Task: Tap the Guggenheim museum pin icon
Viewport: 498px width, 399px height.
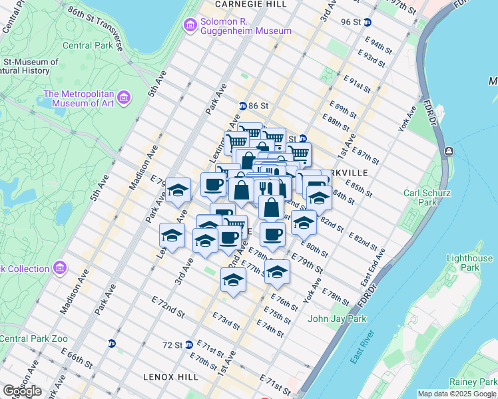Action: click(190, 25)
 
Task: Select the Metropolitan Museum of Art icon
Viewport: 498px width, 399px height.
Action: click(123, 99)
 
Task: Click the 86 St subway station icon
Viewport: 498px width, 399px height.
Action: click(243, 106)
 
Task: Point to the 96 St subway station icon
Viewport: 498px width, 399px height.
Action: click(367, 22)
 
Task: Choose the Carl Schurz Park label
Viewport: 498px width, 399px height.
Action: click(428, 199)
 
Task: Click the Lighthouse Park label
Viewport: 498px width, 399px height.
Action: click(470, 263)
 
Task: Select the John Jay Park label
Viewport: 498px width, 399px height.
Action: click(337, 319)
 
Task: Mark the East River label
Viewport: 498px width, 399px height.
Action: click(362, 346)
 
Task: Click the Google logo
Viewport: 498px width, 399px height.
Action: click(22, 390)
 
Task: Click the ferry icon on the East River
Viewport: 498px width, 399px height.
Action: click(450, 152)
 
